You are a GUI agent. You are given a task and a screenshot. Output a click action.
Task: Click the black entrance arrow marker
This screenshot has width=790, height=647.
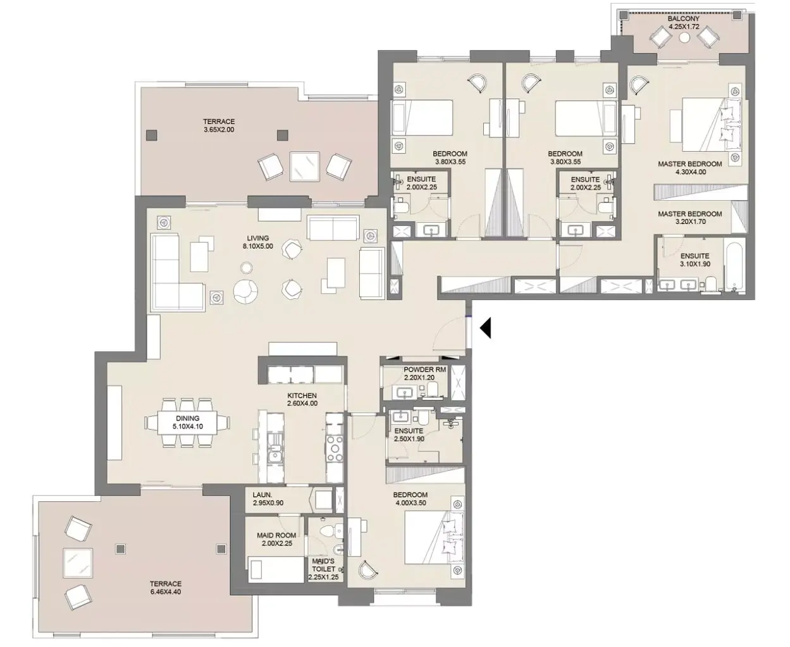click(x=486, y=328)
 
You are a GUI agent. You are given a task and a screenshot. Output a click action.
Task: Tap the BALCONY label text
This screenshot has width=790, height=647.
click(x=683, y=18)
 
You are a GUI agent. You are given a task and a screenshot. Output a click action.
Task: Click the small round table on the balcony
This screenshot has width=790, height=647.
click(x=684, y=37)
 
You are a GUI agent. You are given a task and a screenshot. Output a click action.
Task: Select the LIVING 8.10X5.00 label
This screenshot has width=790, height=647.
click(x=257, y=242)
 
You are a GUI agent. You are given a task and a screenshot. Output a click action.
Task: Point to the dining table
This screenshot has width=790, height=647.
click(x=187, y=422)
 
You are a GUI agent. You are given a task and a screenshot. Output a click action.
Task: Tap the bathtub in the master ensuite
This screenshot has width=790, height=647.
click(x=734, y=266)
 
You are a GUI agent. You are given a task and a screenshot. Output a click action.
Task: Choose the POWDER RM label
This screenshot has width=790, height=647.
click(x=425, y=370)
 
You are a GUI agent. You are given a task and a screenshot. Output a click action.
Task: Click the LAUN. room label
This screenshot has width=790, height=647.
click(x=262, y=495)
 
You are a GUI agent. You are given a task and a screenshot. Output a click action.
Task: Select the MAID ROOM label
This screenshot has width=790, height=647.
click(x=276, y=536)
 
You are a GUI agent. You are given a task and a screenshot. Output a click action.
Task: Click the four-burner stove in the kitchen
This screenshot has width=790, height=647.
click(x=334, y=448)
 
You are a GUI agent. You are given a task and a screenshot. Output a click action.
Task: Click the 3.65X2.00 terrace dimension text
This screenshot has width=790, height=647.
click(x=219, y=130)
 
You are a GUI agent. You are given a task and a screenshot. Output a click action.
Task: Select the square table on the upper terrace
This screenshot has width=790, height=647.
click(x=304, y=166)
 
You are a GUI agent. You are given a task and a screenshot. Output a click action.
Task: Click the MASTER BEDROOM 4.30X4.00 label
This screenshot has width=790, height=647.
click(x=690, y=168)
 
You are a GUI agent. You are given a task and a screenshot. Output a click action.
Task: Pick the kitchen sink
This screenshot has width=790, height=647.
click(x=276, y=452)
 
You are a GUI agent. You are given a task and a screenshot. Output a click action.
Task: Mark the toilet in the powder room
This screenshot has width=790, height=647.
click(x=432, y=389)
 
